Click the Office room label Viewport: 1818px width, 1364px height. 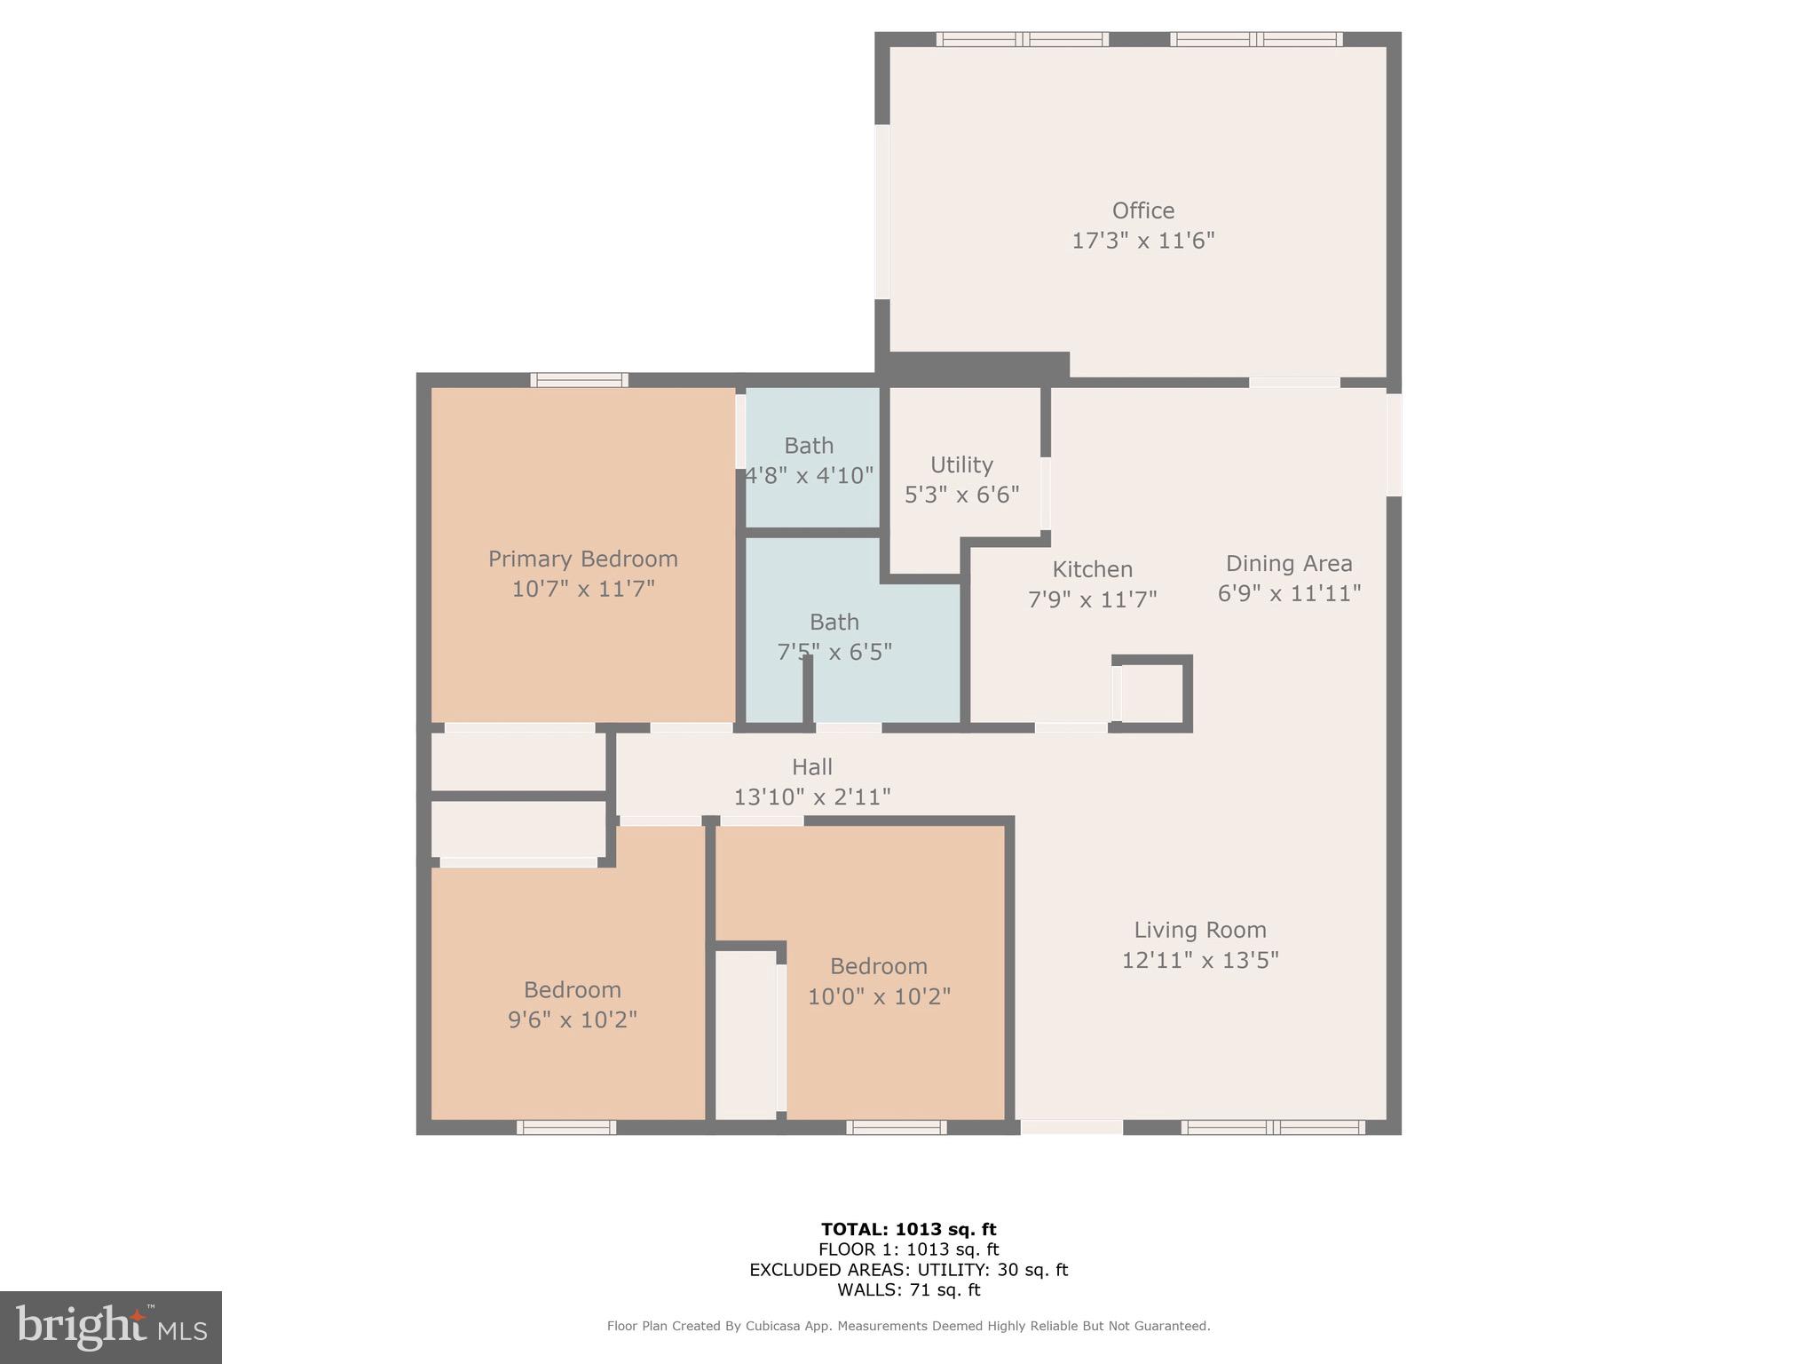[1142, 210]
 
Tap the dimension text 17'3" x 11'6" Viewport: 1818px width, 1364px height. [1142, 241]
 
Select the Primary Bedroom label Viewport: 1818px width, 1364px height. [582, 559]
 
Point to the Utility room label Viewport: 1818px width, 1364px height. [961, 464]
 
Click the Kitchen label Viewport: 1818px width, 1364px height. [1092, 569]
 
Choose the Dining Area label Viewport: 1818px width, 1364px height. [1288, 563]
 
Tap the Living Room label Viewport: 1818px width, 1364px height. [1199, 930]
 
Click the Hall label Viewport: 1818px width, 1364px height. [811, 766]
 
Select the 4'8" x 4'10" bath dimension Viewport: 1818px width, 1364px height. [809, 475]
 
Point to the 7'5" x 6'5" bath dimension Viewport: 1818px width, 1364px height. [834, 652]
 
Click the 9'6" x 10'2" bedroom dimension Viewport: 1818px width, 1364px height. [572, 1019]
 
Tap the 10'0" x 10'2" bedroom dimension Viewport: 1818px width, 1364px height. [878, 996]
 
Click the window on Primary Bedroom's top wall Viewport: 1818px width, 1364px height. [579, 380]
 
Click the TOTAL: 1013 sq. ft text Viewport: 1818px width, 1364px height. [908, 1229]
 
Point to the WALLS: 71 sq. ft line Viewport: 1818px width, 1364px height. [908, 1289]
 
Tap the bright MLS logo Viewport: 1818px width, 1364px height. [111, 1328]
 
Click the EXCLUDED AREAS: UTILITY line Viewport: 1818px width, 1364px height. [908, 1270]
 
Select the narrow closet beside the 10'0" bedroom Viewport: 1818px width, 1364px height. [746, 1035]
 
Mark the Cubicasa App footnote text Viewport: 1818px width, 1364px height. [908, 1326]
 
